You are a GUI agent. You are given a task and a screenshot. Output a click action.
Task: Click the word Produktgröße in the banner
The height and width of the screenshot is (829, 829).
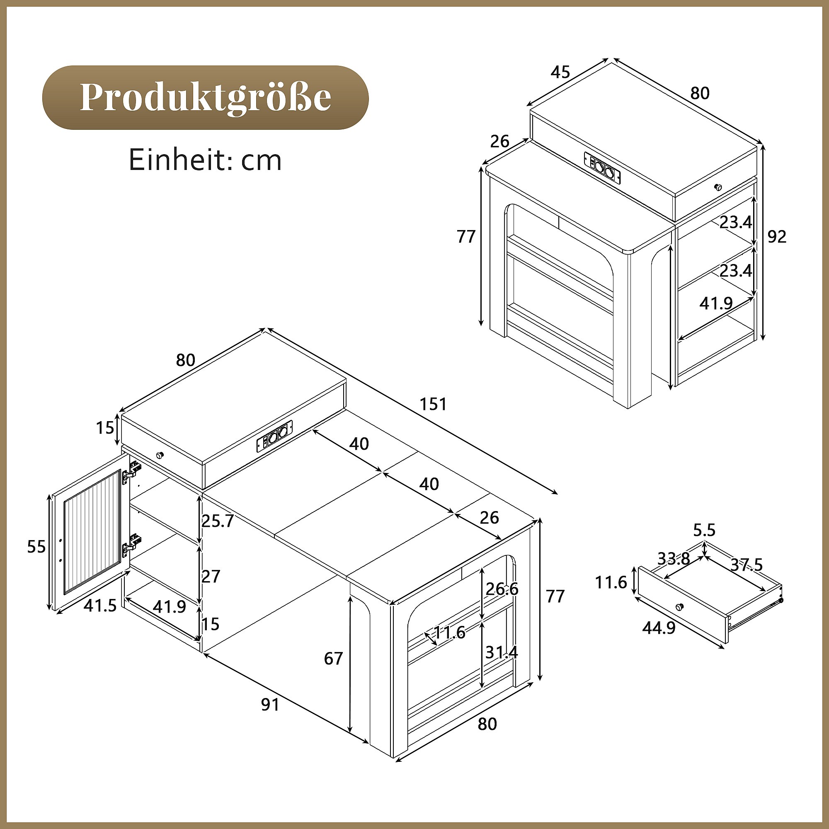pos(205,97)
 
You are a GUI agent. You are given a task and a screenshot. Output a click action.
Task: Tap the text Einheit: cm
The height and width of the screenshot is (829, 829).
pos(205,160)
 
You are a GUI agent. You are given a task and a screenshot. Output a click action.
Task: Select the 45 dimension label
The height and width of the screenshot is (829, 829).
pos(560,72)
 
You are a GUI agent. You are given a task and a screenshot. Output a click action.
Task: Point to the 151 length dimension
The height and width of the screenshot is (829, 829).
pos(433,404)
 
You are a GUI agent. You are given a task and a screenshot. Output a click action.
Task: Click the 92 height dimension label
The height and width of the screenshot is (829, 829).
pos(777,237)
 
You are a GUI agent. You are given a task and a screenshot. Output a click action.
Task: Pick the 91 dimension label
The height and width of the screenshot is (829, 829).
pos(270,705)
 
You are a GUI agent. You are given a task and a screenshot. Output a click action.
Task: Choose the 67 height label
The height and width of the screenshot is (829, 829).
pos(333,658)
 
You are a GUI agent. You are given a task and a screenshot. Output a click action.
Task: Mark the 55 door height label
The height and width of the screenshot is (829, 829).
pos(36,547)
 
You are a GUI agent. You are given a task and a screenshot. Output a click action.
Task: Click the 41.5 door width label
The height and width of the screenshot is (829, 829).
pos(100,606)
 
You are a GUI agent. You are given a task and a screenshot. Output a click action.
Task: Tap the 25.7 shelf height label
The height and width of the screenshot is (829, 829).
pos(218,521)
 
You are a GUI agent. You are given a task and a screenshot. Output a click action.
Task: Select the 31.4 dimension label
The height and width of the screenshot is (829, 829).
pos(502,653)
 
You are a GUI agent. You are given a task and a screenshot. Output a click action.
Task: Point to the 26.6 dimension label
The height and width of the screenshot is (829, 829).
pos(502,589)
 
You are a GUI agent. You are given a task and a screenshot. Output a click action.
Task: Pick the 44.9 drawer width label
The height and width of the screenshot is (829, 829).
pos(659,628)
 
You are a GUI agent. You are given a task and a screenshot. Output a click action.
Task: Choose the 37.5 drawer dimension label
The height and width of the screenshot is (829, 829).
pos(747,565)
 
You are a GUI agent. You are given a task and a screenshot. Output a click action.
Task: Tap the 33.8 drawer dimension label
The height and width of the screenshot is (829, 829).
pos(674,558)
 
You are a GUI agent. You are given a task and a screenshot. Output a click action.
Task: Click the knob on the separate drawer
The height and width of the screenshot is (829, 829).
pos(679,606)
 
